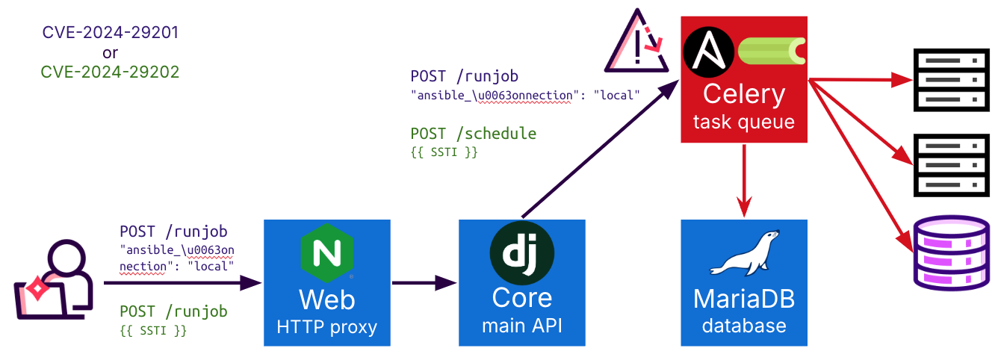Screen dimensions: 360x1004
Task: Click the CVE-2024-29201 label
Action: [111, 33]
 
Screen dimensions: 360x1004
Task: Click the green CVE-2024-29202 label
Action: [110, 72]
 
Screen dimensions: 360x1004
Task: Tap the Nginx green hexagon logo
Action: [327, 255]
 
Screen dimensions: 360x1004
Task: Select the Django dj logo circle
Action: [521, 252]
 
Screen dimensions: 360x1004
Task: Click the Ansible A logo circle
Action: [707, 51]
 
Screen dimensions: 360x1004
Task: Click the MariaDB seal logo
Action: [744, 255]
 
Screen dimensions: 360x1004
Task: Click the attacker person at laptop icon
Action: [54, 279]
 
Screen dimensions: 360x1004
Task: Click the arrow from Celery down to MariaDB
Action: [744, 179]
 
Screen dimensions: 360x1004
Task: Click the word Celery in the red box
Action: [744, 94]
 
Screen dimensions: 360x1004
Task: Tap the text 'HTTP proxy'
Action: [327, 326]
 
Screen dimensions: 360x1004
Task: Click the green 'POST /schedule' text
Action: [474, 134]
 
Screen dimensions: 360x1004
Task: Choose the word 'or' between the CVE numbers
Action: [110, 52]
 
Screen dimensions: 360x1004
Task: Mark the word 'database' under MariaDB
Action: [744, 326]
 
